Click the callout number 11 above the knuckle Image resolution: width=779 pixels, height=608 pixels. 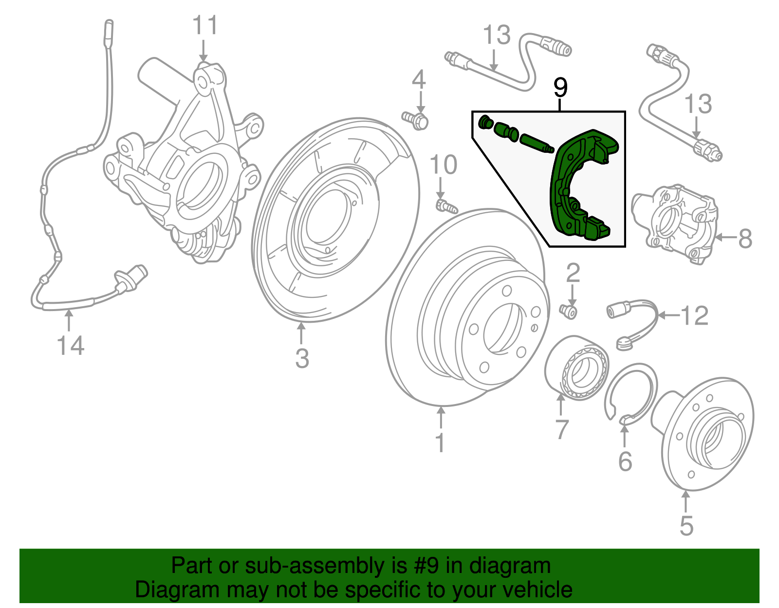tap(204, 25)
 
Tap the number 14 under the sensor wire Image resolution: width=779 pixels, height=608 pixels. tap(71, 346)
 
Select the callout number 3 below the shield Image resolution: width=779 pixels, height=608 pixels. tap(302, 359)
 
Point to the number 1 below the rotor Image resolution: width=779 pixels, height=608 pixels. tap(440, 443)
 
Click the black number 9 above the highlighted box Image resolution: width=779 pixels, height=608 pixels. tap(560, 88)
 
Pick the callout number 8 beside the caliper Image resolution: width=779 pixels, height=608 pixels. tap(745, 239)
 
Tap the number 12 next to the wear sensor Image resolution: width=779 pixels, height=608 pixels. tap(694, 316)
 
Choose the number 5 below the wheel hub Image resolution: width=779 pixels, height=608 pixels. tap(686, 526)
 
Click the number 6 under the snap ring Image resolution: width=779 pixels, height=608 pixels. tap(625, 461)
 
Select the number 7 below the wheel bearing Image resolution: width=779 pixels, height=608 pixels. tap(562, 429)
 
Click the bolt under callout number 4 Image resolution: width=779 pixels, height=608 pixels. tap(415, 120)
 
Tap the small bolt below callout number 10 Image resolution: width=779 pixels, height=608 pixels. tap(445, 206)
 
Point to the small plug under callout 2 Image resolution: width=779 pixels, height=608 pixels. tap(568, 311)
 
